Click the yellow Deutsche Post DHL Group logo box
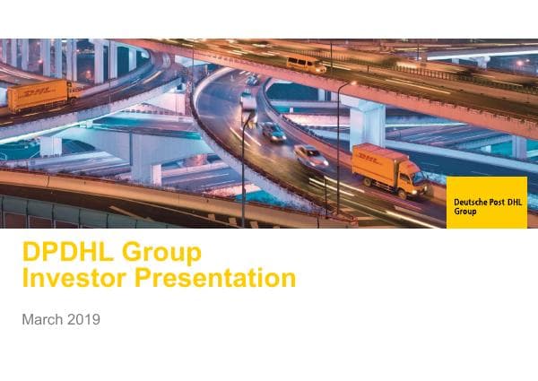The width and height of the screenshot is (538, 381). [487, 203]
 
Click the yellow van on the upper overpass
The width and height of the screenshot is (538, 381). [306, 64]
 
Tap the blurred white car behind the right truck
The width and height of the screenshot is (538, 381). [310, 155]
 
